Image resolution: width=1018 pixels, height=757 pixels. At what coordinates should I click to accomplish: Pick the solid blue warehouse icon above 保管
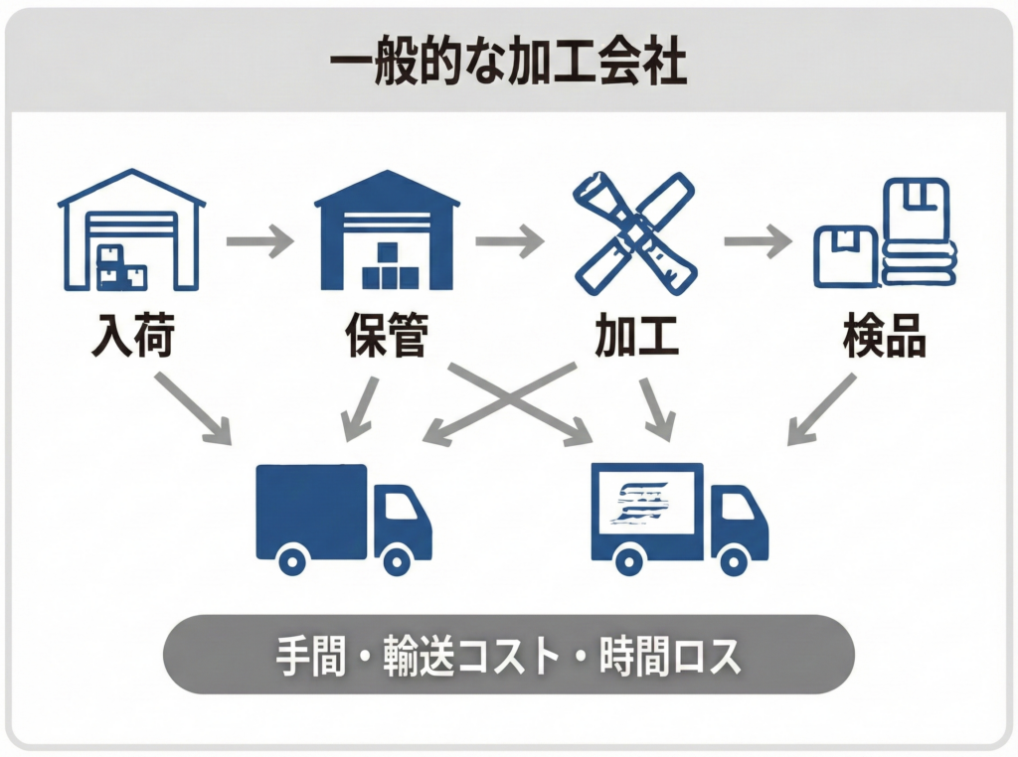387,230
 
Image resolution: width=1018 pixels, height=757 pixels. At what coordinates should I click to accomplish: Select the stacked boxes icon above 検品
885,234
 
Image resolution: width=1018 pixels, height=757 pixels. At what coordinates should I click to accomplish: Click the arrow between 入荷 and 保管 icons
259,240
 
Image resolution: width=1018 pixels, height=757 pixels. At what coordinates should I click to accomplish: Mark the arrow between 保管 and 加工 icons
509,240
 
